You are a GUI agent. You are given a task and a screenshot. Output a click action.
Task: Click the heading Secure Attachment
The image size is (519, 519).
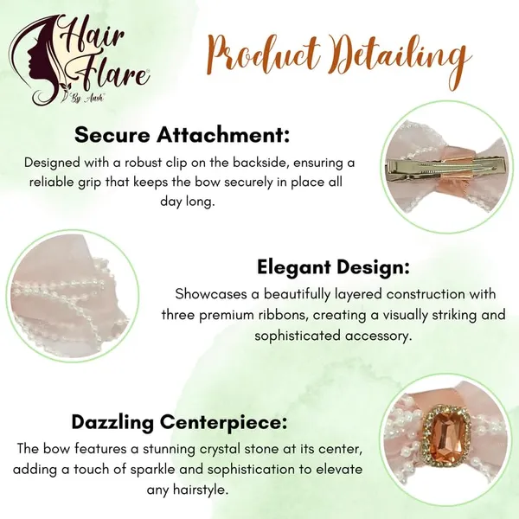182,135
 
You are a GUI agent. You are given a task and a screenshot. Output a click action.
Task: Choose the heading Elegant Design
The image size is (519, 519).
333,267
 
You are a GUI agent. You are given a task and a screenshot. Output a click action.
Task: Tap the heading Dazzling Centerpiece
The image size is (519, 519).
179,422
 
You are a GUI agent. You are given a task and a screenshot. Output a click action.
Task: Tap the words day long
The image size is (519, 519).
188,202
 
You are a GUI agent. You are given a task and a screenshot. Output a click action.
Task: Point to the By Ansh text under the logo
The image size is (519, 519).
87,99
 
